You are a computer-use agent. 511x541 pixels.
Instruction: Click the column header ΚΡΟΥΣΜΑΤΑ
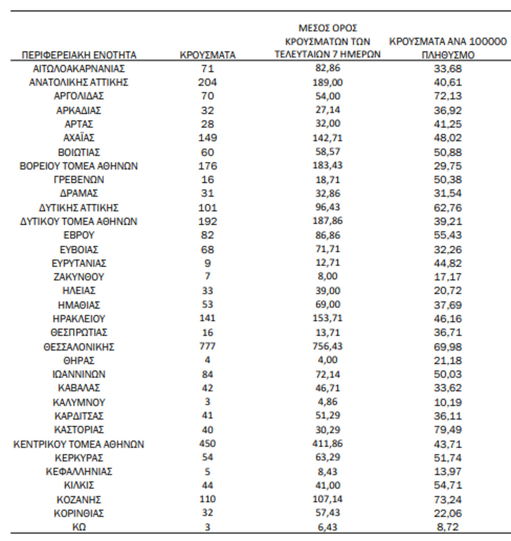[208, 55]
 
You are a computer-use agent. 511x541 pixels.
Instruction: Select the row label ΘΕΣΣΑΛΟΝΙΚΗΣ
[79, 347]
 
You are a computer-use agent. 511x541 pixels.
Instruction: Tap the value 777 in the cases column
[208, 346]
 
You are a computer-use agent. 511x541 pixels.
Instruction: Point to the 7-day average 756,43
[328, 346]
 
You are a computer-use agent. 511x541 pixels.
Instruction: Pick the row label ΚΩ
[79, 527]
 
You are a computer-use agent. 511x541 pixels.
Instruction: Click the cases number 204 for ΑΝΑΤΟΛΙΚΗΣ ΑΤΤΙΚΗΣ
[208, 82]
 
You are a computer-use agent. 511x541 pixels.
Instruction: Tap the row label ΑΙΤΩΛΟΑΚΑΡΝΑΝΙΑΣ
[79, 68]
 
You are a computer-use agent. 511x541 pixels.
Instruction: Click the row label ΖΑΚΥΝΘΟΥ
[79, 277]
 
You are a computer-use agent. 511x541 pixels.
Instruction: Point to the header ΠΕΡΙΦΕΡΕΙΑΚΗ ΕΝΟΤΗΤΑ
[79, 55]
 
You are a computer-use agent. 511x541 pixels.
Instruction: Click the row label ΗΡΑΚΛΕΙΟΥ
[79, 319]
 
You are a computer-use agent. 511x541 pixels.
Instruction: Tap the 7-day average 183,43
[328, 166]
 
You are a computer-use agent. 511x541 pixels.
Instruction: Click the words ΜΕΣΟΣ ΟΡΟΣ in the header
[328, 27]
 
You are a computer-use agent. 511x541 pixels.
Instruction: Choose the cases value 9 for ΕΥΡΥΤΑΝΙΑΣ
[208, 263]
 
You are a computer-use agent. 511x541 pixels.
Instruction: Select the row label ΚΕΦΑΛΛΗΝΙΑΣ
[79, 472]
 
